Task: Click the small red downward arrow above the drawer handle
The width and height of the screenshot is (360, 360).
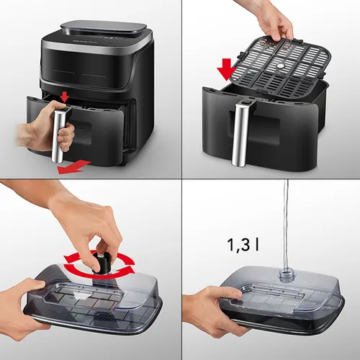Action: [64, 96]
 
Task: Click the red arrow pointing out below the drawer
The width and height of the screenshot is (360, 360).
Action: [74, 167]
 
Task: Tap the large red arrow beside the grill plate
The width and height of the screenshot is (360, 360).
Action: [227, 70]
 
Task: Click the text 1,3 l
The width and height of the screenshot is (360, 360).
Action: [243, 245]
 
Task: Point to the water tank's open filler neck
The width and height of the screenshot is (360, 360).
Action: [286, 275]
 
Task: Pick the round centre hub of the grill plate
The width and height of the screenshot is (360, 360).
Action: [279, 66]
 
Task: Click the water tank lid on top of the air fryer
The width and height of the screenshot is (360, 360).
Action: [104, 29]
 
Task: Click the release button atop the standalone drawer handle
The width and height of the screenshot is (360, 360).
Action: [246, 102]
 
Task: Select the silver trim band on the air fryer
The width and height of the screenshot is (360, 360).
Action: [95, 49]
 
